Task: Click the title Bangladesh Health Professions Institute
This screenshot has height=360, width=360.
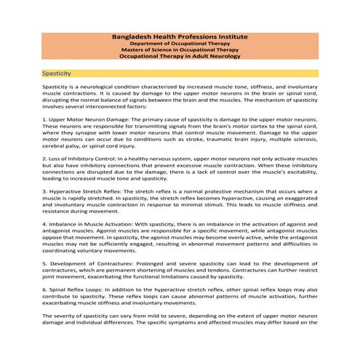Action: coord(180,36)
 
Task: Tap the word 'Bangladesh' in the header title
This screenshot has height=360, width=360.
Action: coord(135,36)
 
